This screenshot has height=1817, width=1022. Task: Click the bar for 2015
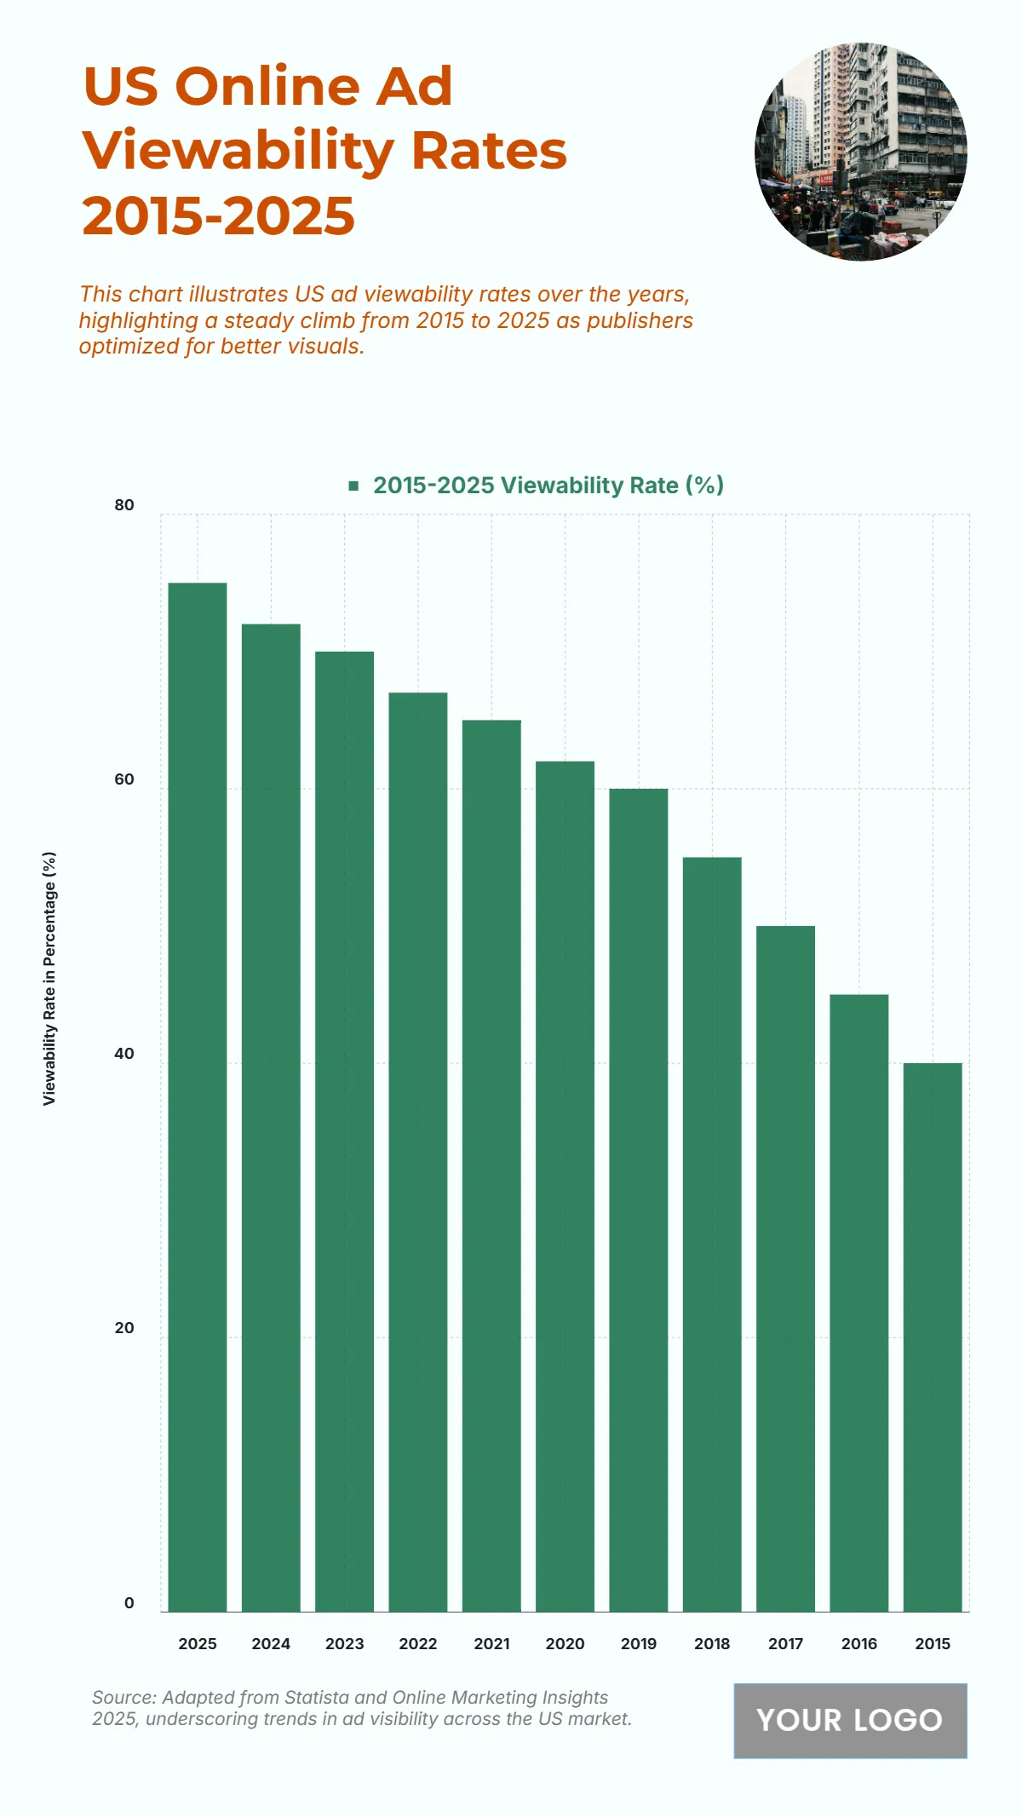(x=933, y=1337)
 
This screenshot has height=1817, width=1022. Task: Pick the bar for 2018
(x=712, y=1234)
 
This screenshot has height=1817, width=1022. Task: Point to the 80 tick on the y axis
(x=124, y=505)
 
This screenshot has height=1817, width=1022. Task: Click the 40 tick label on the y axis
(x=124, y=1054)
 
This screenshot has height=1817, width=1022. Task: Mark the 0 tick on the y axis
(x=129, y=1602)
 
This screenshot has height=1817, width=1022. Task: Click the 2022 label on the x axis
(x=418, y=1643)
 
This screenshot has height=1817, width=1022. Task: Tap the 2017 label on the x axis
(x=785, y=1643)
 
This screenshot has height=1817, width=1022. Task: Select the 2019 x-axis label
(x=639, y=1643)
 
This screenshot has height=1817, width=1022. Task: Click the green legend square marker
(x=353, y=486)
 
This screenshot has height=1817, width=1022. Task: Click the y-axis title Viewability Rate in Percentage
(x=49, y=978)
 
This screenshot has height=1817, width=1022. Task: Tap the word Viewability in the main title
(x=238, y=151)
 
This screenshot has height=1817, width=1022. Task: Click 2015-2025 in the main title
(x=219, y=216)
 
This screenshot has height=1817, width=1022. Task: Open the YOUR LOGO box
(x=850, y=1720)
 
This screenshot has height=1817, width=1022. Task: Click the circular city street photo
(x=860, y=152)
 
